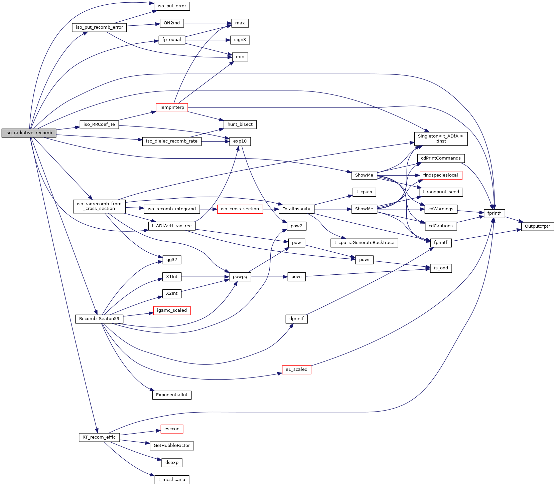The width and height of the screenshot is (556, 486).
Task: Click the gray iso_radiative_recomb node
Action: point(29,133)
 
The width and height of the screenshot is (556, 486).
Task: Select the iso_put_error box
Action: point(172,6)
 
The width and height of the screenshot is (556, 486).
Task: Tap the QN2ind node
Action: point(172,23)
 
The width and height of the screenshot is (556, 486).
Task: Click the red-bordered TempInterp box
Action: point(172,107)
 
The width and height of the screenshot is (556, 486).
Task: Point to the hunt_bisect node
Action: point(240,125)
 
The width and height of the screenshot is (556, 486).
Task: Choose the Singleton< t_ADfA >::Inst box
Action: point(441,139)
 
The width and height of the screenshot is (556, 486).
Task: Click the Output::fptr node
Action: point(537,226)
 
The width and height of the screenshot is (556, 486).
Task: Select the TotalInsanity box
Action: point(296,209)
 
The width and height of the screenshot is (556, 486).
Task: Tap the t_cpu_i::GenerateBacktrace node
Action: point(364,243)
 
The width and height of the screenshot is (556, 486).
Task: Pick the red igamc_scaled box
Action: point(172,310)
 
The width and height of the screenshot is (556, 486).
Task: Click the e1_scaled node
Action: point(296,370)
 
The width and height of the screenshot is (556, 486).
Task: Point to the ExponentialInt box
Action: point(172,395)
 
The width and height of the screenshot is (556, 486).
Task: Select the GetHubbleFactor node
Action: point(172,446)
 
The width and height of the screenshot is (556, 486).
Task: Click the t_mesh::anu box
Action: point(172,480)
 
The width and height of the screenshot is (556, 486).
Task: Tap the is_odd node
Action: point(441,268)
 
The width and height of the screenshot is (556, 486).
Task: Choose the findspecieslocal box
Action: point(441,175)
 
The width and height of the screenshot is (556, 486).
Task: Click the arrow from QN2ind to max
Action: point(207,23)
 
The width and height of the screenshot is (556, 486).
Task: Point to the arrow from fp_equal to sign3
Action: point(207,40)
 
